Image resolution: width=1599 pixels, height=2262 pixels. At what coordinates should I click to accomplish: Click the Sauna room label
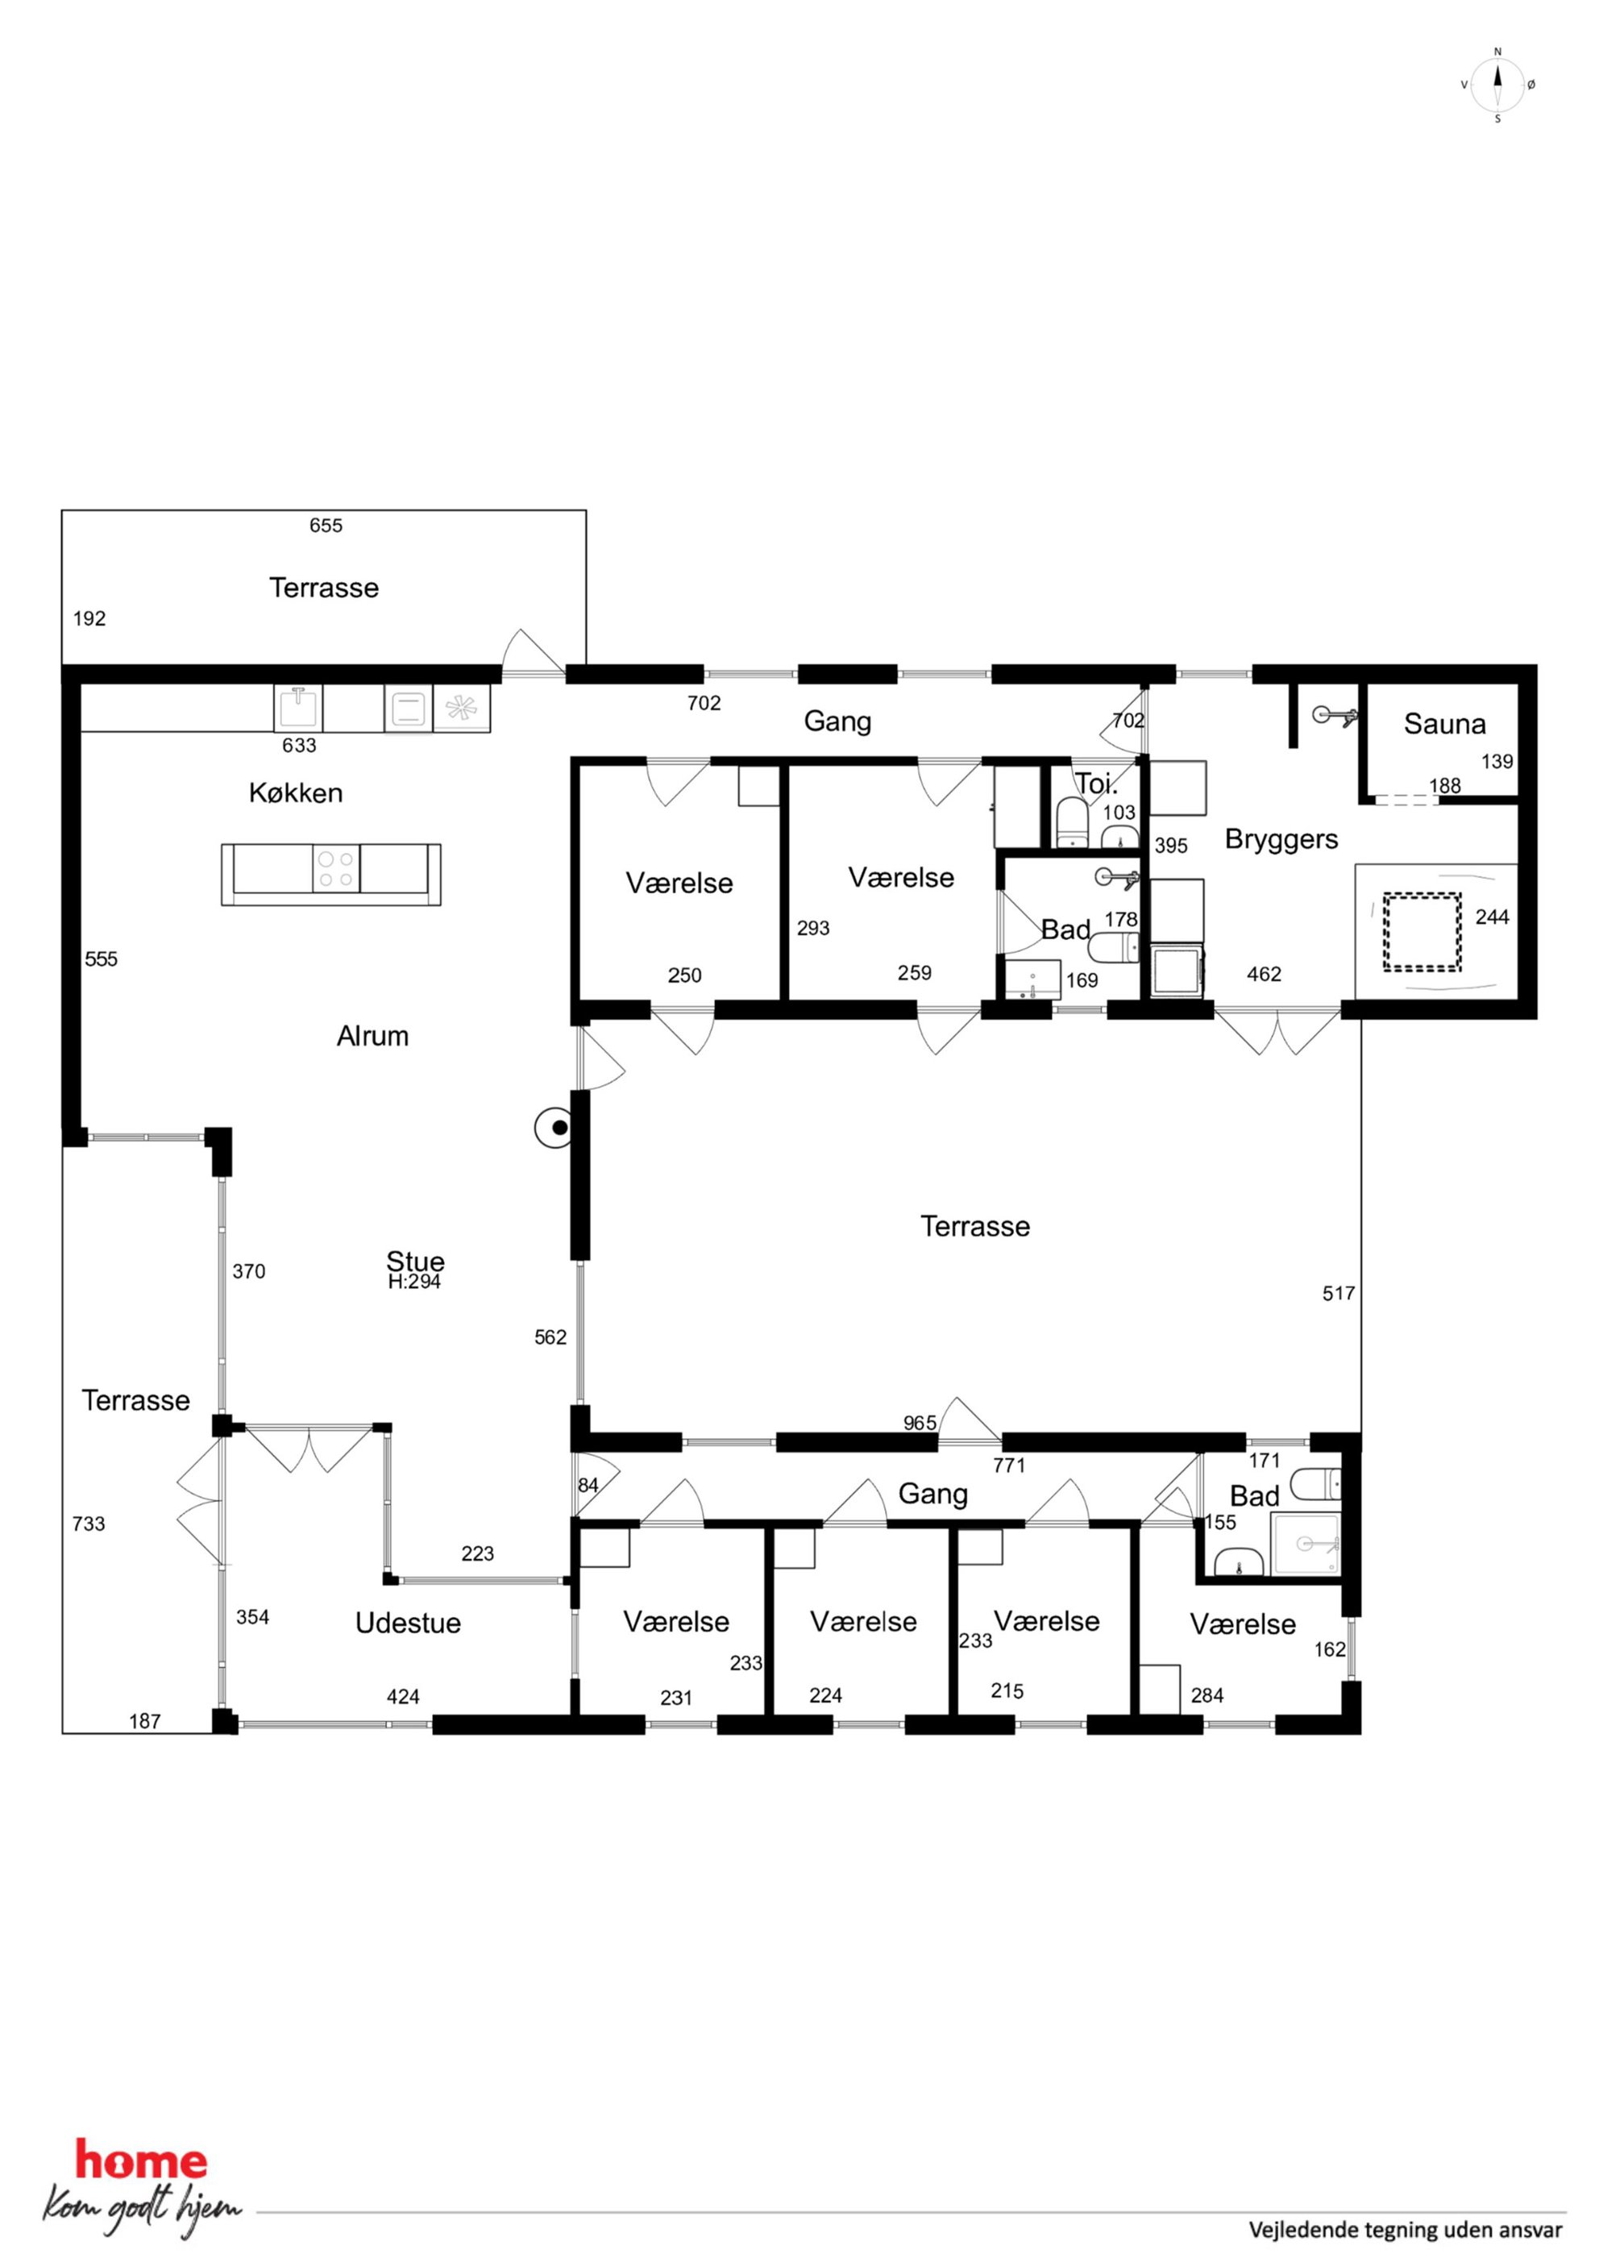click(x=1444, y=724)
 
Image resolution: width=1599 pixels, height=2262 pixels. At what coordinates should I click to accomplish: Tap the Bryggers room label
click(x=1281, y=840)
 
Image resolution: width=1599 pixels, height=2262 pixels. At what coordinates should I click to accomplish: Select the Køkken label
click(x=296, y=793)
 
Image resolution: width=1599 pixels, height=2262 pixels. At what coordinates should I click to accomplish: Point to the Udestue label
click(x=408, y=1623)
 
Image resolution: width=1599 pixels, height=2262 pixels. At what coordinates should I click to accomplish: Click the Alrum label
click(x=372, y=1035)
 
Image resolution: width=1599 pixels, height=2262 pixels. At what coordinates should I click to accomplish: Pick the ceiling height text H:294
click(x=413, y=1282)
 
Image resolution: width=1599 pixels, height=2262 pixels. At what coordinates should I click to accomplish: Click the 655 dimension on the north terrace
click(x=326, y=525)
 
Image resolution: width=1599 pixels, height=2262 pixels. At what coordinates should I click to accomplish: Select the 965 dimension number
click(x=920, y=1423)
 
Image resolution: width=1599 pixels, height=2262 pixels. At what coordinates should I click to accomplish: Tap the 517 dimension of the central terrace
click(x=1338, y=1294)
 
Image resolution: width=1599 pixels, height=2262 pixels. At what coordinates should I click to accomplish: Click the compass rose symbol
click(x=1497, y=85)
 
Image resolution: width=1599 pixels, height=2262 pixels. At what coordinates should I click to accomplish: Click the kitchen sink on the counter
click(x=298, y=707)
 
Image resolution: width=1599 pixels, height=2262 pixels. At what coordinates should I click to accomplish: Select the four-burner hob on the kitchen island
click(x=336, y=868)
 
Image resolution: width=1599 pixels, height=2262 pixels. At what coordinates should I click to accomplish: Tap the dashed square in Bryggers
click(x=1421, y=932)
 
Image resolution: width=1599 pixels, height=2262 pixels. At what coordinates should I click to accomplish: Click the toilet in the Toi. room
click(x=1072, y=824)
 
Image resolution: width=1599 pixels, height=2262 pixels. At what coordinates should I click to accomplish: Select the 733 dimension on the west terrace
click(x=89, y=1523)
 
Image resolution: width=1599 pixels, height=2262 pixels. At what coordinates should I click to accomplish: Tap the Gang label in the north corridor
click(x=837, y=721)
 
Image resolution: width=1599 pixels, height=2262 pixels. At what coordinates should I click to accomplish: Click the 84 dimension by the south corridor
click(x=588, y=1485)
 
